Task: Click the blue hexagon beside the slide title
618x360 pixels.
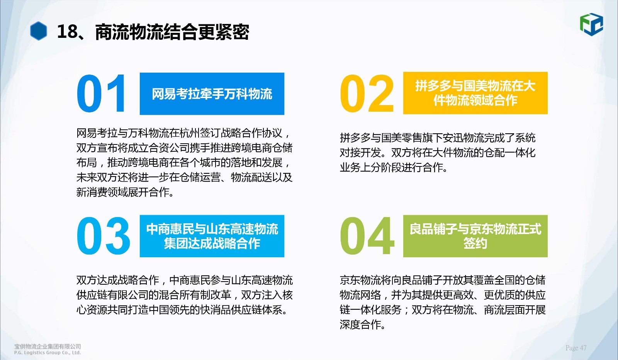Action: point(38,31)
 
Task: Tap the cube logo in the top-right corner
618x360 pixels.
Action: point(591,24)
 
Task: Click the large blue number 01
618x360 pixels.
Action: point(101,93)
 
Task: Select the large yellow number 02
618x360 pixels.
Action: point(367,93)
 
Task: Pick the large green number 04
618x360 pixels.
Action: point(367,236)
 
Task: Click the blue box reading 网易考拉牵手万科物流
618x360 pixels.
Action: point(212,94)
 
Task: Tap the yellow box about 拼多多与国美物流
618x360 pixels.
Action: point(475,93)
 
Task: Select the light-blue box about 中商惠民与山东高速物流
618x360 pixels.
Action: point(212,236)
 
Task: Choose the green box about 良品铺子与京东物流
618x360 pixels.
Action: point(475,236)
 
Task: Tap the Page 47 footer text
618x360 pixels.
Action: point(576,348)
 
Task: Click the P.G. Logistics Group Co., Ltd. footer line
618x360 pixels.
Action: point(48,353)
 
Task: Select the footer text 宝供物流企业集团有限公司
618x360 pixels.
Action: point(48,346)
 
